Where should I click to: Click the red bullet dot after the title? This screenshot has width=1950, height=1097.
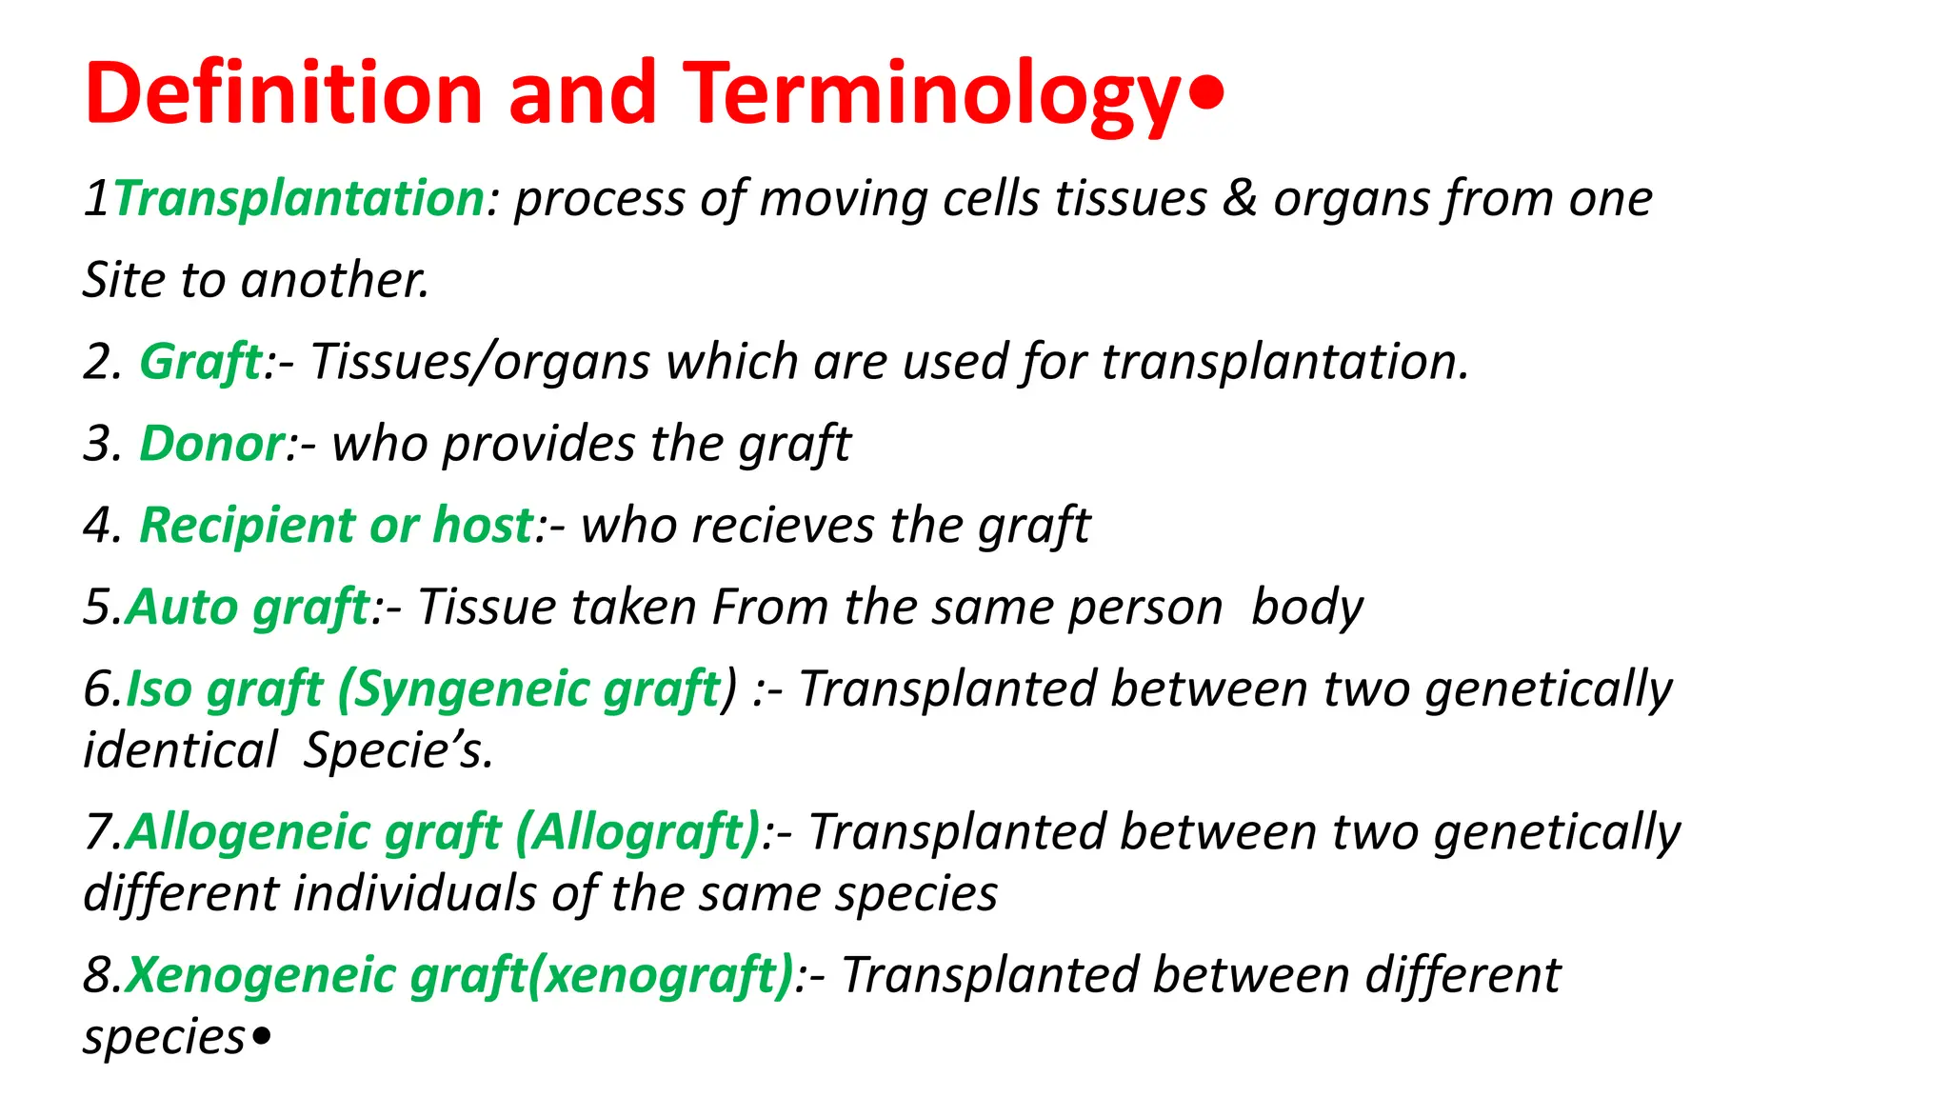pos(1206,94)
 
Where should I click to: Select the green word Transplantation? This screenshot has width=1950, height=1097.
pos(299,199)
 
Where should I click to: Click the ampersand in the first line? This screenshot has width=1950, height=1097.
pos(1239,198)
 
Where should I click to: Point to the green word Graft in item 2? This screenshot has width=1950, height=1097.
pos(200,362)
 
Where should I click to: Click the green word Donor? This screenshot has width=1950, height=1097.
pos(211,444)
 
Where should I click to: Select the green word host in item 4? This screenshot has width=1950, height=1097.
pos(483,526)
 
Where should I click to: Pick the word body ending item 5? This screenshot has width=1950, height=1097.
pos(1306,608)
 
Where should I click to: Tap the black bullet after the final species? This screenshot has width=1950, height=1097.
pos(262,1035)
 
